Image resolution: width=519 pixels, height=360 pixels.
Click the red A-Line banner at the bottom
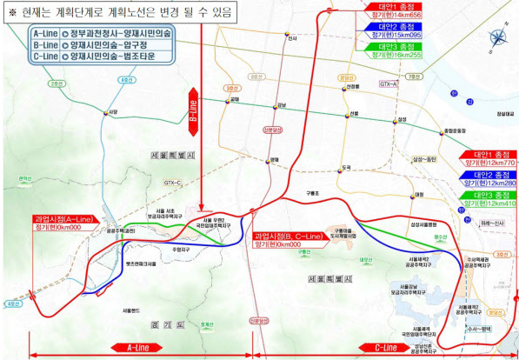pyautogui.click(x=141, y=348)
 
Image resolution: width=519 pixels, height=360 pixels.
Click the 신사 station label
pyautogui.click(x=292, y=38)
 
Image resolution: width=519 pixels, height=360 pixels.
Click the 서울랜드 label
pyautogui.click(x=132, y=310)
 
